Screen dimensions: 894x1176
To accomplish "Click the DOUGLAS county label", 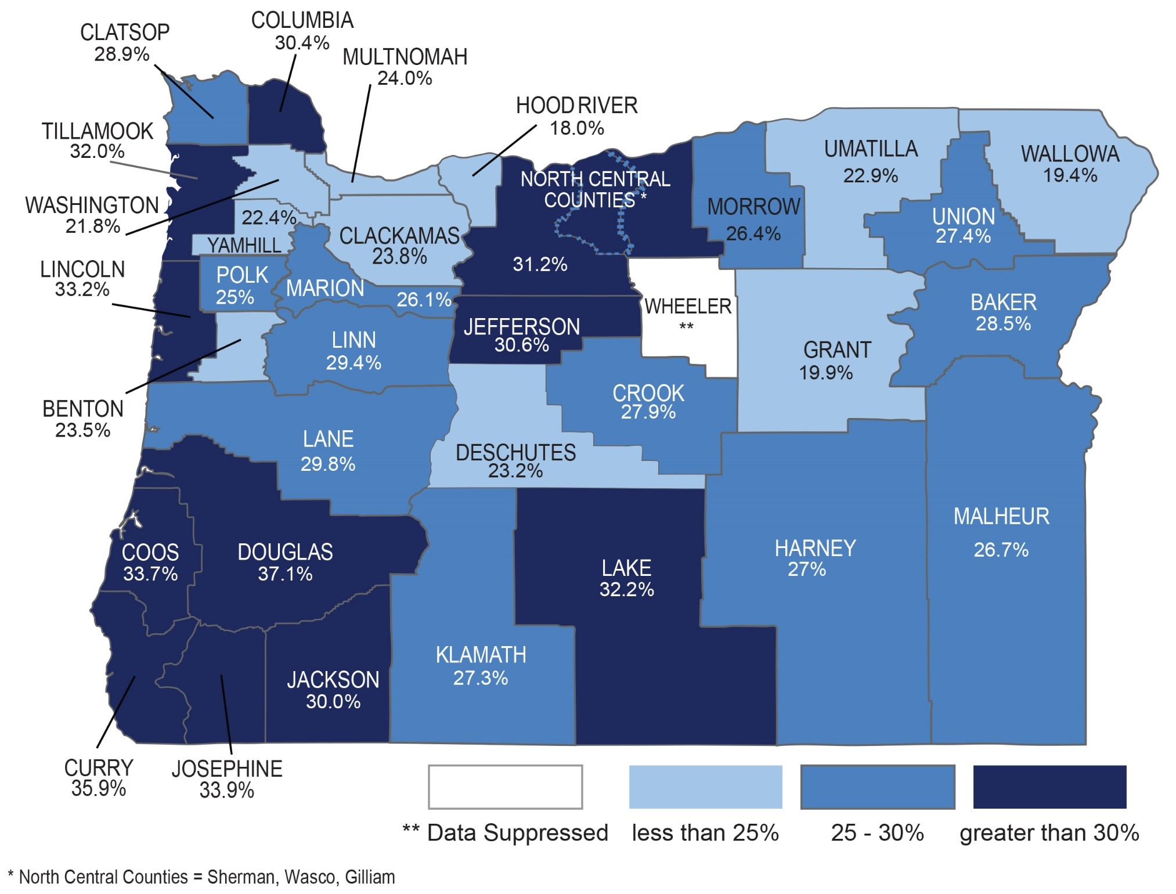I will pos(285,552).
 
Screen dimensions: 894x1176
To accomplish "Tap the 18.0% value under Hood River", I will pos(576,128).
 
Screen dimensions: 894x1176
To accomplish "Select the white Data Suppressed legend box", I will pos(505,787).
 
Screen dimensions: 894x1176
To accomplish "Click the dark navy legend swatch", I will pos(1049,787).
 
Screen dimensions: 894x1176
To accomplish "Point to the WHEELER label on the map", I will pos(688,307).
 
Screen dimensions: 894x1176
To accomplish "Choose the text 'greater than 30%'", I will pos(1049,832).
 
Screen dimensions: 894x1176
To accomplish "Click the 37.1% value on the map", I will pos(285,574).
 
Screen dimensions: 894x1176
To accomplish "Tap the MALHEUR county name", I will pos(1001,517).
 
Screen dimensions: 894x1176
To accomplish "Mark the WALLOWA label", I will pos(1070,154).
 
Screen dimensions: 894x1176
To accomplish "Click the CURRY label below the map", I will pos(99,768).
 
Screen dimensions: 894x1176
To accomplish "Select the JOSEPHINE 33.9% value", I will pos(227,791).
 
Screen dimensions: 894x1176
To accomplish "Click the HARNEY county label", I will pos(815,549).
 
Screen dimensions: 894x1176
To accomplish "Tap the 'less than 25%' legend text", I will pos(705,832).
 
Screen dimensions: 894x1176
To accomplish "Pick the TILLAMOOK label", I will pos(98,131).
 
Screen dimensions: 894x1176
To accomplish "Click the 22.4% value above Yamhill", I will pos(269,218).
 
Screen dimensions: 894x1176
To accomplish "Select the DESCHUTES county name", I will pos(515,453).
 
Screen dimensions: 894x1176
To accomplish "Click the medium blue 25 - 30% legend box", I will pos(877,787).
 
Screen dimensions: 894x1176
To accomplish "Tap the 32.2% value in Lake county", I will pos(626,590).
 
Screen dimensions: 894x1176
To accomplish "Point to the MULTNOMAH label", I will pos(405,57).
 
